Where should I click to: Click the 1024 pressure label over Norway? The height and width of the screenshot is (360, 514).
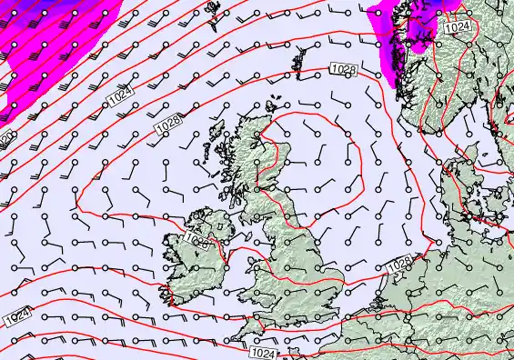(x=459, y=29)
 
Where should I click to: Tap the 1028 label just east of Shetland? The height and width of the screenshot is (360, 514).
(x=343, y=70)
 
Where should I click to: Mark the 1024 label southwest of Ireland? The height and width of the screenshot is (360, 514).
(x=15, y=317)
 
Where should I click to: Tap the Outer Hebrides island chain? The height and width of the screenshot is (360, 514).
(x=214, y=145)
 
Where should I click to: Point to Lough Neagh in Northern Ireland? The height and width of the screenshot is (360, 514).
(x=219, y=220)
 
